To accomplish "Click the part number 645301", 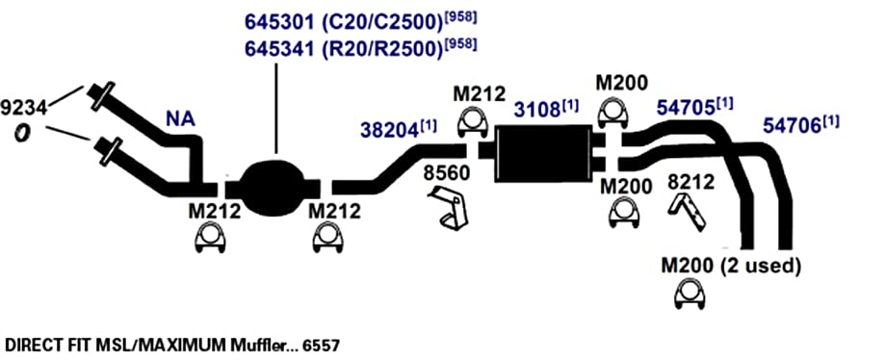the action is click(277, 22).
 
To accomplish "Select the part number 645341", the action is click(277, 49).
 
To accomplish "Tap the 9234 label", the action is click(25, 106).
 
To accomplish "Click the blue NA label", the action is click(181, 119).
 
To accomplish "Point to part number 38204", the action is click(390, 131).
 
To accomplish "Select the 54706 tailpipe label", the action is click(792, 125).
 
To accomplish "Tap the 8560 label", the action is click(447, 173).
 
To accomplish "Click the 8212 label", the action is click(690, 182).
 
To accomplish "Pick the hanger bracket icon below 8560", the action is click(449, 209).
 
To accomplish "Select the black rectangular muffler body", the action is click(543, 153).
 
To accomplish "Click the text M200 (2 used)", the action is click(731, 266).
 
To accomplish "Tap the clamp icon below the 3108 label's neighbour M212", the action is click(473, 122).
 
